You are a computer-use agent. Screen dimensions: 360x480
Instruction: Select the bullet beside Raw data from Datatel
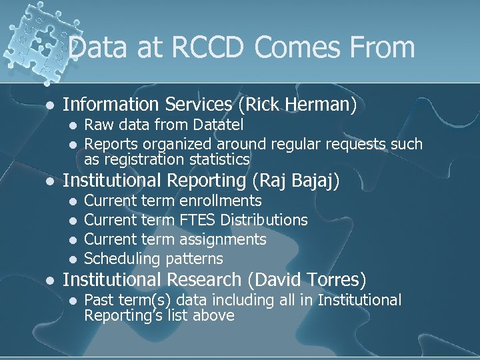tap(72, 125)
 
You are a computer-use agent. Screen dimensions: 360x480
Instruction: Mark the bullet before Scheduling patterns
tap(72, 259)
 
